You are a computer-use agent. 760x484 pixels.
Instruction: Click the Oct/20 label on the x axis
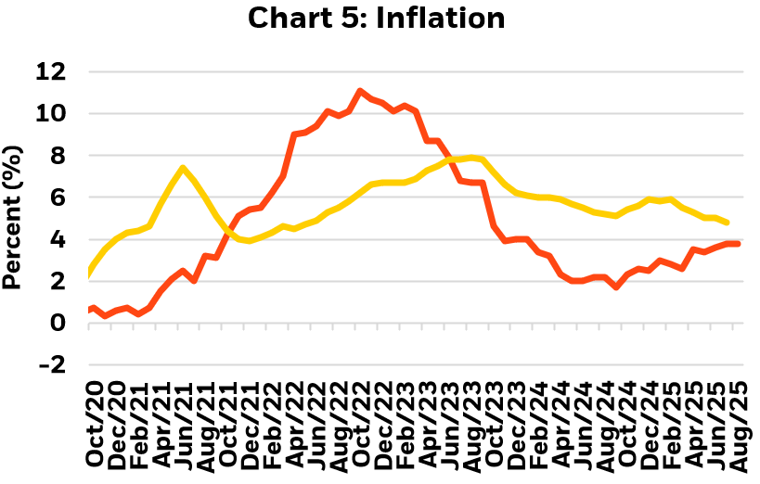tap(94, 425)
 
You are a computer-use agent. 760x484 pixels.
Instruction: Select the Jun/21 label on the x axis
tap(185, 425)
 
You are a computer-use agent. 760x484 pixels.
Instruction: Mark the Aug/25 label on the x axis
tap(739, 425)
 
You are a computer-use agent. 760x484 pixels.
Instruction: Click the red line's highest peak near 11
tap(359, 91)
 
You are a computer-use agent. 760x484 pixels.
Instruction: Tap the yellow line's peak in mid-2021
tap(184, 168)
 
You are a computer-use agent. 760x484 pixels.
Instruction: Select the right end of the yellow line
tap(727, 223)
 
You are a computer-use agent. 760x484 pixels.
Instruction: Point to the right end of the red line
tap(739, 244)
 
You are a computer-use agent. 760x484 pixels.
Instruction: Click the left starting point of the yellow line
tap(89, 273)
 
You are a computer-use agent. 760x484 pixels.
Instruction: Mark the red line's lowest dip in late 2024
tap(616, 287)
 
